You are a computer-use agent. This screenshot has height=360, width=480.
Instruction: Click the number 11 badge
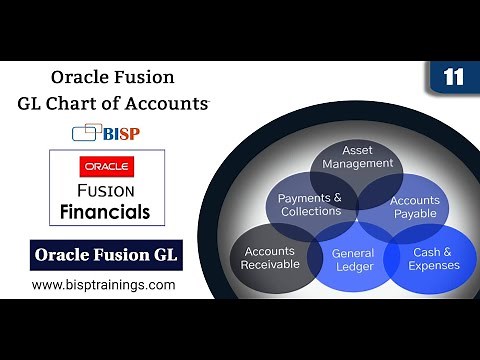click(452, 78)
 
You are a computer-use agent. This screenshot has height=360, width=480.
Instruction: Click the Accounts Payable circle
click(414, 207)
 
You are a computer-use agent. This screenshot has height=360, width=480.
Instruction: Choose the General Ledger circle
click(354, 260)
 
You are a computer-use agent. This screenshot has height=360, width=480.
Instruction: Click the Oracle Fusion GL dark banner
click(105, 255)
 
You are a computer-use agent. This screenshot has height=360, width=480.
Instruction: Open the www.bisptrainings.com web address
click(103, 285)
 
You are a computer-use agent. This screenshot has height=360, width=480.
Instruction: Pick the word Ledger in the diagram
click(354, 267)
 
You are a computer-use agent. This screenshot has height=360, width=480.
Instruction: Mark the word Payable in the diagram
click(414, 214)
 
